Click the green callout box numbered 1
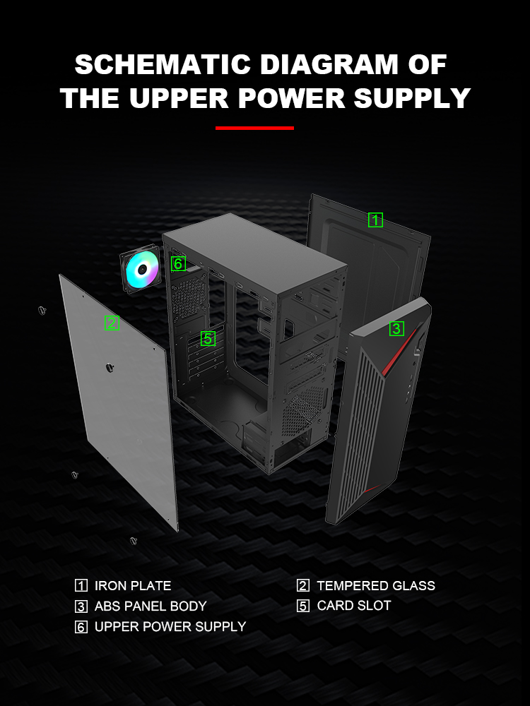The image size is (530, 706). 375,220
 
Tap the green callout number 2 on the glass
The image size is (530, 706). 112,323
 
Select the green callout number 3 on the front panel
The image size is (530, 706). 396,328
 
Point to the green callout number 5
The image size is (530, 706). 208,338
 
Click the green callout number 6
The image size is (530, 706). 178,263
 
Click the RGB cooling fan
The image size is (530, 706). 141,270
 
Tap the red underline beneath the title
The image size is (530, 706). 254,128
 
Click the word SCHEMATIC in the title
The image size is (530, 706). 163,64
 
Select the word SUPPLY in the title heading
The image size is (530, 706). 413,97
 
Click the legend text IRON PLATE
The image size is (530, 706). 133,585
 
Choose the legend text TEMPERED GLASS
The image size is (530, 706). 376,585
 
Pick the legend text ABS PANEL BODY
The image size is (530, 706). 151,606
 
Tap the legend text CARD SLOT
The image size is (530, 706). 354,606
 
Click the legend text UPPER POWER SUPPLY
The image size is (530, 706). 170,626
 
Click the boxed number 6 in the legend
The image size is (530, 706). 81,627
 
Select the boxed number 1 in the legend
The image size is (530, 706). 81,585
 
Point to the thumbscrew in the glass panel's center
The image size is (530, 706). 109,367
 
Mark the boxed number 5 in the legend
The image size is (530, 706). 303,606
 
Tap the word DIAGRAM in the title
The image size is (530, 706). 329,64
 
